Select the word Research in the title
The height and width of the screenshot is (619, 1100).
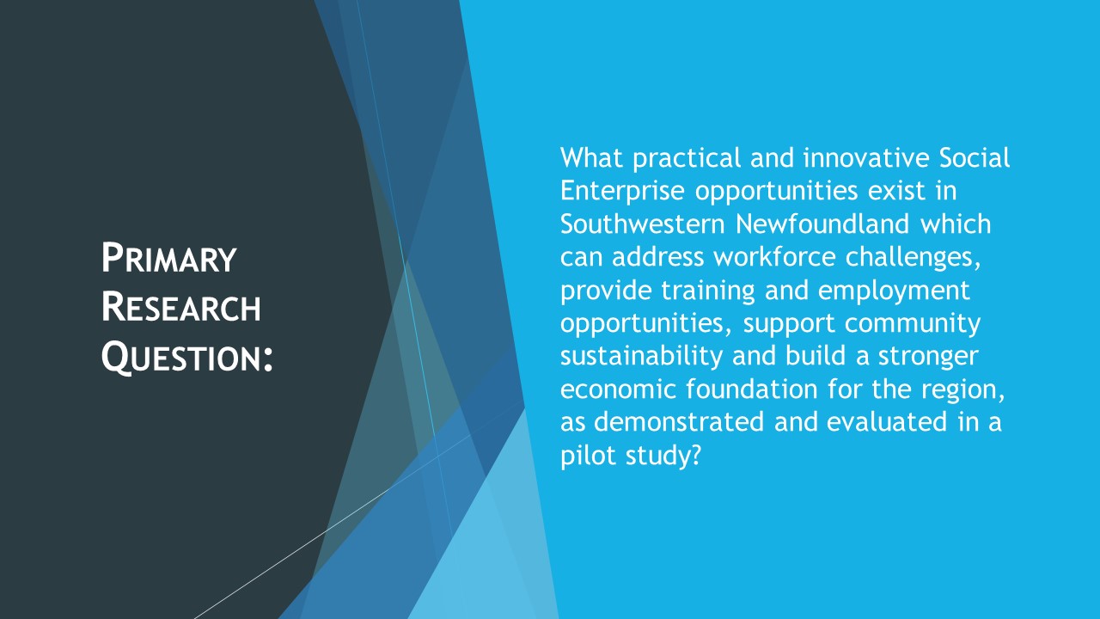coord(180,307)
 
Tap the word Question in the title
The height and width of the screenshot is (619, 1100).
coord(181,357)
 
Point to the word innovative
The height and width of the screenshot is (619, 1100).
coord(866,157)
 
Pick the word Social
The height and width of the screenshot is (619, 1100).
coord(975,157)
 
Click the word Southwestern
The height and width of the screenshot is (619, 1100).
coord(642,224)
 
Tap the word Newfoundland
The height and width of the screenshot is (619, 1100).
coord(822,224)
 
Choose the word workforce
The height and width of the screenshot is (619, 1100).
coord(774,257)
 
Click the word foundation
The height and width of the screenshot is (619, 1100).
coord(751,389)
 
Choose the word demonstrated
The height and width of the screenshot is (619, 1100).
coord(679,421)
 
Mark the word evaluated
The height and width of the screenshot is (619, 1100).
coord(887,421)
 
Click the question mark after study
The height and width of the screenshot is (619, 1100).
coord(695,455)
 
